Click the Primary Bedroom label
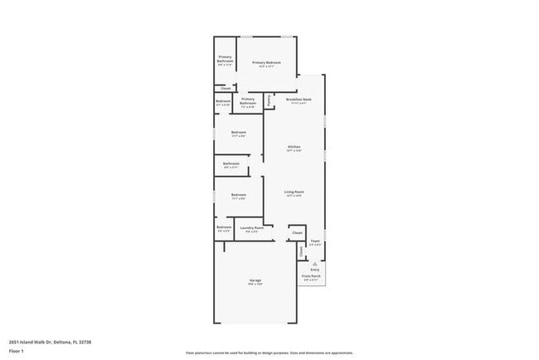coord(266,63)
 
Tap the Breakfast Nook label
coord(299,100)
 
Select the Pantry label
coord(269,100)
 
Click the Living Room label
coord(294,192)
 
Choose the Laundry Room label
coord(252,228)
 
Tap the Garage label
coord(255,281)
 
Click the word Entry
coord(315,270)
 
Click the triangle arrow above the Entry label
coord(315,263)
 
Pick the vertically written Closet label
coord(301,251)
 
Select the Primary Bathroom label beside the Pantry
coord(248,102)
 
